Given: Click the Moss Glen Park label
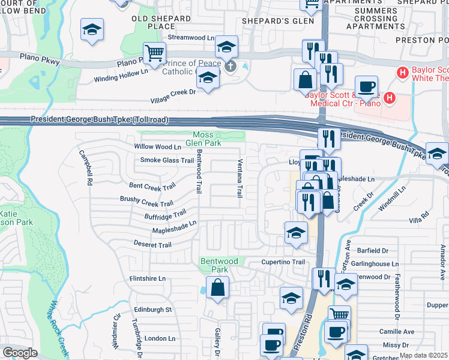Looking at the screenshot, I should (207, 139).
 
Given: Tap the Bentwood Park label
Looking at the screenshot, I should (219, 265).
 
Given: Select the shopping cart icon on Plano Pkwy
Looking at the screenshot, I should (154, 53).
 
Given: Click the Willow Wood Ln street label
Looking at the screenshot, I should (157, 146).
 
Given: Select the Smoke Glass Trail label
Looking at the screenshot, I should (167, 160).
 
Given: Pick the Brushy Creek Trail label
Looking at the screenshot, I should (146, 202).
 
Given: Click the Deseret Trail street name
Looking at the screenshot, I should (152, 245).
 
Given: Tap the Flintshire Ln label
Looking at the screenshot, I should (147, 279).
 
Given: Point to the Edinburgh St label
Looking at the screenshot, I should (152, 310).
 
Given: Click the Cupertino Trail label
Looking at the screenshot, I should (283, 262).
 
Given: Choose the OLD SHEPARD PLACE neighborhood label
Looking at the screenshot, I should (153, 23).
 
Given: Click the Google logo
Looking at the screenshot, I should (20, 353).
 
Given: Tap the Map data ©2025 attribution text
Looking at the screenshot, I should (423, 355).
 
